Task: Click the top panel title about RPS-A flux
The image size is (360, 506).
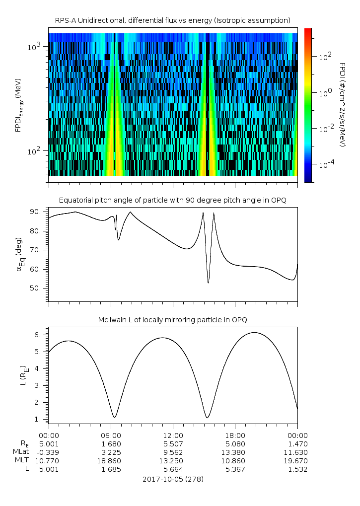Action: tap(172, 20)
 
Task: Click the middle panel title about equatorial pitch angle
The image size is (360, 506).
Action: tap(172, 200)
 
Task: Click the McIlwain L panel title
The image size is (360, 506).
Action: tap(172, 319)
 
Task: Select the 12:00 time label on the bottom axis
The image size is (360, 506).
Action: tap(172, 435)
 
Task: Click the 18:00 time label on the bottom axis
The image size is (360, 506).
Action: tap(235, 435)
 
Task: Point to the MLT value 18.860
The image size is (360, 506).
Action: tap(111, 460)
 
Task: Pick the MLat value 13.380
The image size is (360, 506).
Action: tap(235, 452)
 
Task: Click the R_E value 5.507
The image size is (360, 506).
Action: tap(172, 444)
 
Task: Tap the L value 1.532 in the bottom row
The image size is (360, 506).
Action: tap(297, 469)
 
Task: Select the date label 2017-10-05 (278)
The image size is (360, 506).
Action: tap(172, 479)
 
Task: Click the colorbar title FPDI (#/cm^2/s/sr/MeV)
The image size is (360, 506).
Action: tap(343, 104)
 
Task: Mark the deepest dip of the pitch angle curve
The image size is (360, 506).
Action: tap(208, 283)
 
